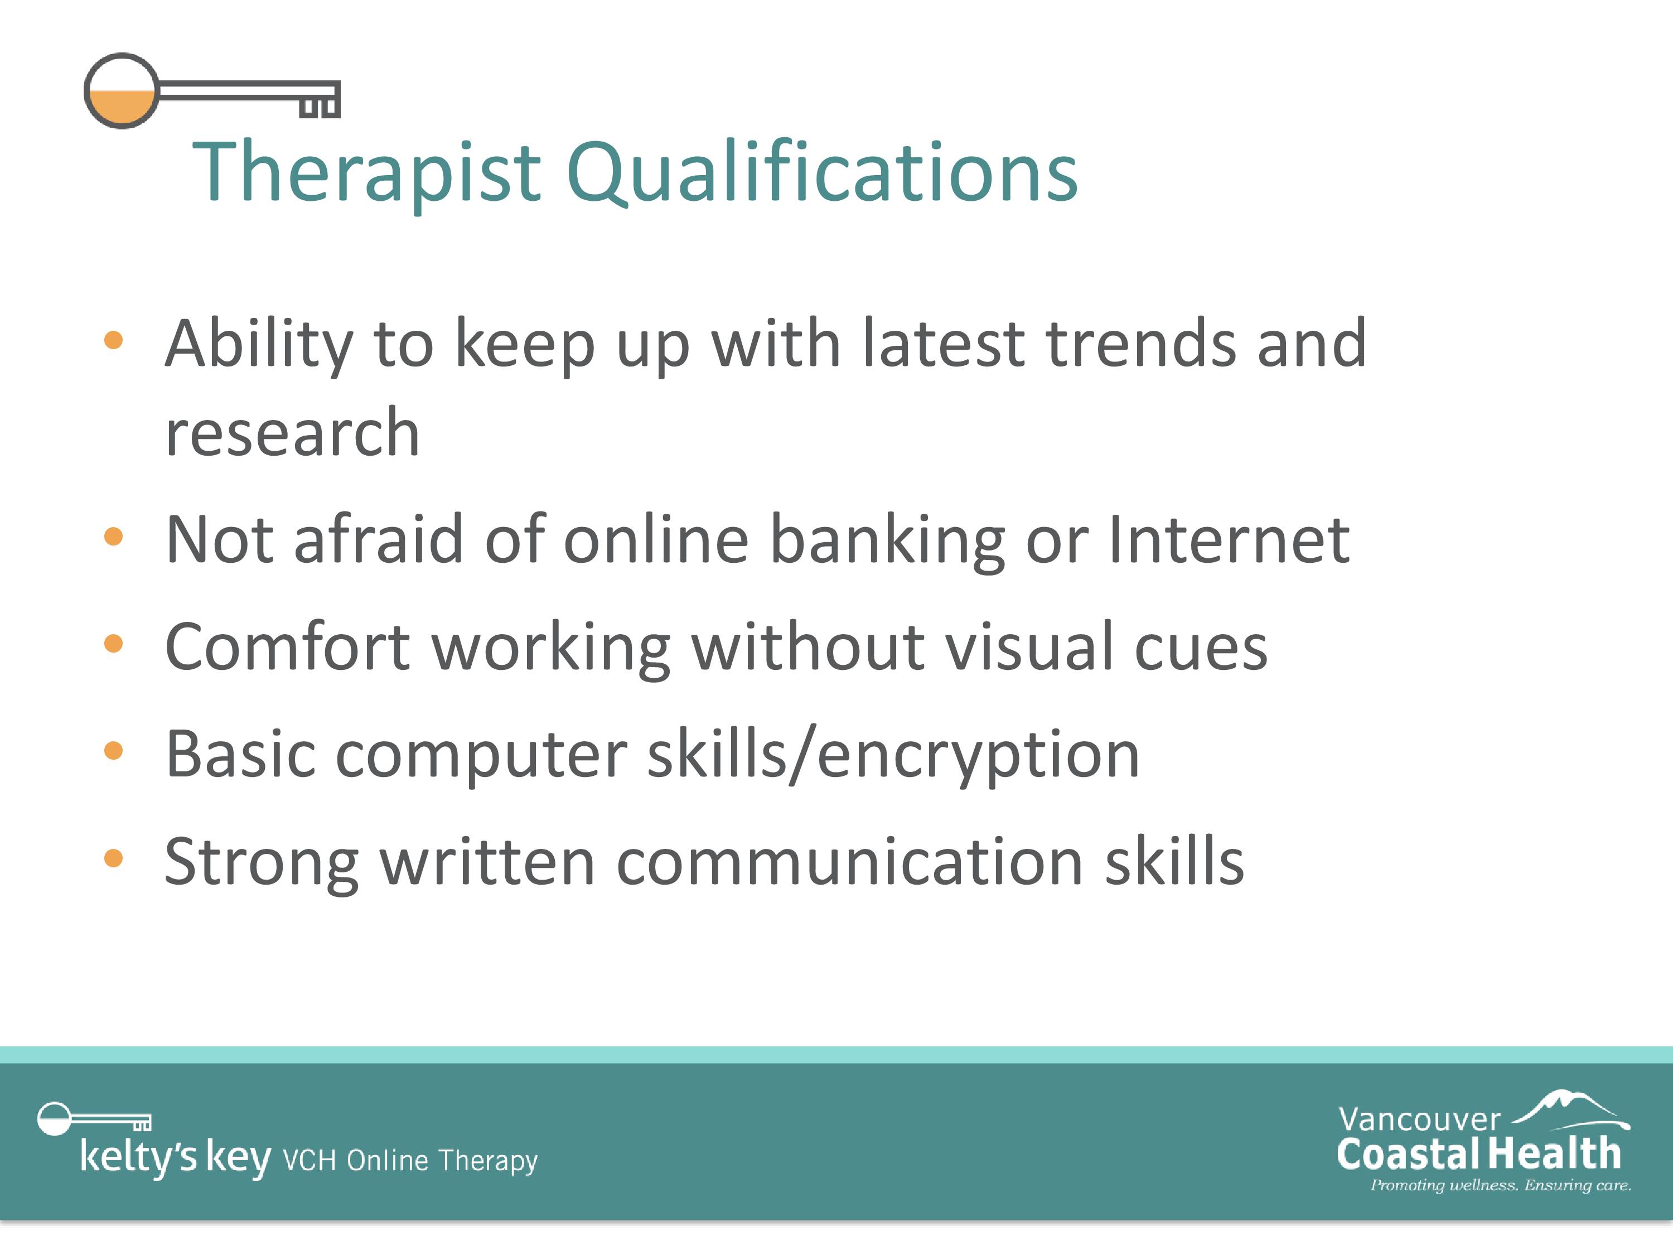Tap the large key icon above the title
click(212, 91)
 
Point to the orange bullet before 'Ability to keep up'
click(113, 340)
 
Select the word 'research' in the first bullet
click(293, 433)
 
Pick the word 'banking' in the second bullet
click(887, 540)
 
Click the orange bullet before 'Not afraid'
click(113, 537)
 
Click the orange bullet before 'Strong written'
click(113, 858)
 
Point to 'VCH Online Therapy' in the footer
click(410, 1160)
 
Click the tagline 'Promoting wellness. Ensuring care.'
click(1501, 1185)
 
